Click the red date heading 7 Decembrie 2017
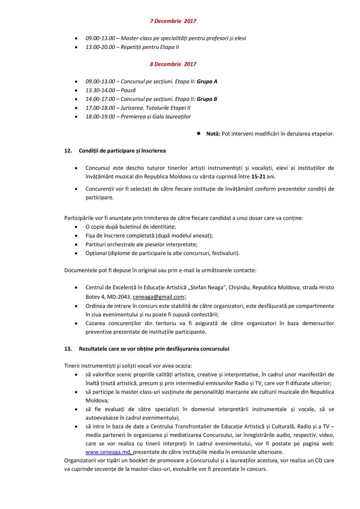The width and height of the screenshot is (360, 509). click(173, 21)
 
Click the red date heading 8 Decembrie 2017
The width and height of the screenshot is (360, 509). click(173, 64)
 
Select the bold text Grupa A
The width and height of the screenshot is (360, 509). click(207, 81)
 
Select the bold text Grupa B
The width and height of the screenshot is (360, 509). click(207, 98)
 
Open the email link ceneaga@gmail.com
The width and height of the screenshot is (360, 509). click(155, 297)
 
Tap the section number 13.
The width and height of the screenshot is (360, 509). click(68, 348)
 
